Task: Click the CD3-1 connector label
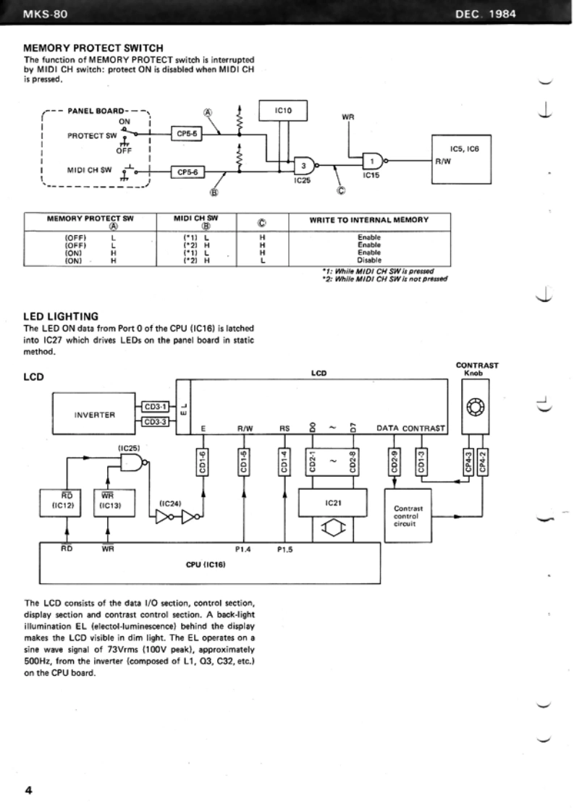[155, 407]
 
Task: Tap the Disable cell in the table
[369, 261]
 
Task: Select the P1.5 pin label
[284, 549]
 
